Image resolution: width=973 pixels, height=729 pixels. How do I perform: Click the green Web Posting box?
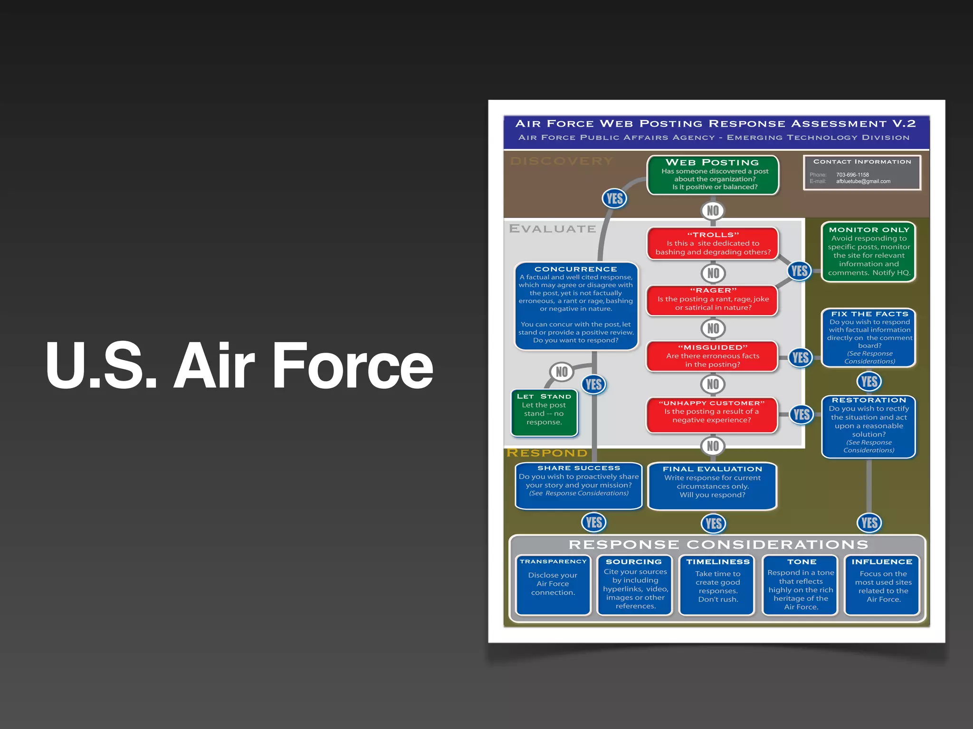(713, 175)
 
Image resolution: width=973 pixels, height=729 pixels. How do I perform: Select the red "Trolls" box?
(713, 243)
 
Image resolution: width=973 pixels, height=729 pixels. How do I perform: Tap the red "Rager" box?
(713, 299)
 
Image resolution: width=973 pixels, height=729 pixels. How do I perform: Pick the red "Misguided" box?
(713, 356)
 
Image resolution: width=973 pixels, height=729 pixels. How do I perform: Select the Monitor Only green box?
(869, 252)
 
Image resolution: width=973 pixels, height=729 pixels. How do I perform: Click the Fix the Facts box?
(869, 337)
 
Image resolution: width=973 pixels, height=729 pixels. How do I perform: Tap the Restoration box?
(868, 426)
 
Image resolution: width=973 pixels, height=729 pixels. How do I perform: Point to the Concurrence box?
(576, 305)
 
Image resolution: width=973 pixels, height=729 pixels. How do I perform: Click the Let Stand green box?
(544, 411)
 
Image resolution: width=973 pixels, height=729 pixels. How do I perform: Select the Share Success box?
(579, 485)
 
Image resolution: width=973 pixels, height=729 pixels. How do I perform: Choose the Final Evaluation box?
(712, 485)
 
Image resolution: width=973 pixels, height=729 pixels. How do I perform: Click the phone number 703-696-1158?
(853, 175)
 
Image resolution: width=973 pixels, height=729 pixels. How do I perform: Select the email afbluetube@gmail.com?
(863, 181)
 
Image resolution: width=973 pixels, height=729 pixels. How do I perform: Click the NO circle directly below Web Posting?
(713, 211)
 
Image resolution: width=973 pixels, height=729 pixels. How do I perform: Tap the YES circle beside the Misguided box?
(801, 357)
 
